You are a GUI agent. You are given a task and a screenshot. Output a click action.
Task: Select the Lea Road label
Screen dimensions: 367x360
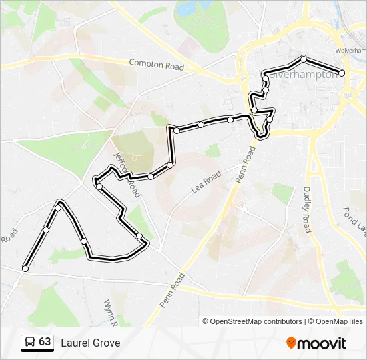[x=206, y=181]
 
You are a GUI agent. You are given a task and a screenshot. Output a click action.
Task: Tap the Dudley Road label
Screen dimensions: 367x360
[x=308, y=209]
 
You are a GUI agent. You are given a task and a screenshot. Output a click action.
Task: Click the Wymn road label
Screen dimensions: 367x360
[x=111, y=311]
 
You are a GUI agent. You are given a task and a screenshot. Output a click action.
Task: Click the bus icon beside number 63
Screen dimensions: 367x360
[x=31, y=343]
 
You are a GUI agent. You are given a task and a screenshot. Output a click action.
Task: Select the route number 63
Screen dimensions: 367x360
[x=45, y=342]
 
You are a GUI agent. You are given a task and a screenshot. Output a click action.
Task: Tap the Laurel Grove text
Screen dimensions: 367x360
[x=91, y=343]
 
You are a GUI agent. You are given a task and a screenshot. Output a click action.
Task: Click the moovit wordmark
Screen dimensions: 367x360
[x=322, y=343]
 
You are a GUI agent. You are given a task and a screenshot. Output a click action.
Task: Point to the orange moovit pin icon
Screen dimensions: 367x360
[x=291, y=343]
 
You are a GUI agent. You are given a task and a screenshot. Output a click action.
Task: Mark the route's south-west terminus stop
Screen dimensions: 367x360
[x=25, y=269]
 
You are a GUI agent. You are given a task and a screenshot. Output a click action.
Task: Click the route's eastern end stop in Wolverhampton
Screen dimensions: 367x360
[x=342, y=73]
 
